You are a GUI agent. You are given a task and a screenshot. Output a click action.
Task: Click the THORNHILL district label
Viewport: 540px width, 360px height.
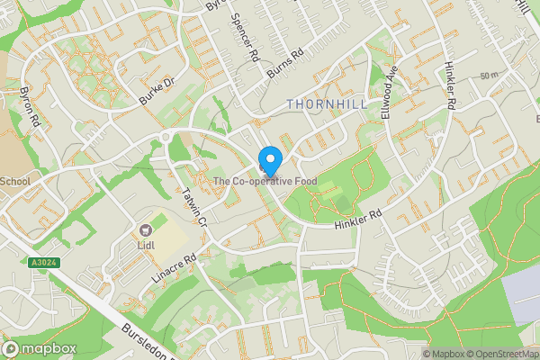point(327,104)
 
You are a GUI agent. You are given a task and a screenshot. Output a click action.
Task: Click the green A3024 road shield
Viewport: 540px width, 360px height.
point(39,263)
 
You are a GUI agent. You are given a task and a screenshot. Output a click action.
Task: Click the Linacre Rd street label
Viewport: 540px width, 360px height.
point(174,270)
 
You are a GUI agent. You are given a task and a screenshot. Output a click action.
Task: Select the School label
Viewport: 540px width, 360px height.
point(14,181)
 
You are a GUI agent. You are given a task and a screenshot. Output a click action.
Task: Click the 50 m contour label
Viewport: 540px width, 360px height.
point(489,75)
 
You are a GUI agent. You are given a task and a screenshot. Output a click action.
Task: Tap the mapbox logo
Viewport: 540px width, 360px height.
point(38,348)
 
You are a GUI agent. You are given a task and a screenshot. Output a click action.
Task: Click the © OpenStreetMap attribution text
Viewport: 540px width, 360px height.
point(498,354)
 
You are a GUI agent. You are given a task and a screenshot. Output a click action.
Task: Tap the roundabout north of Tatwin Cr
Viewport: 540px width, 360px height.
point(166,137)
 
